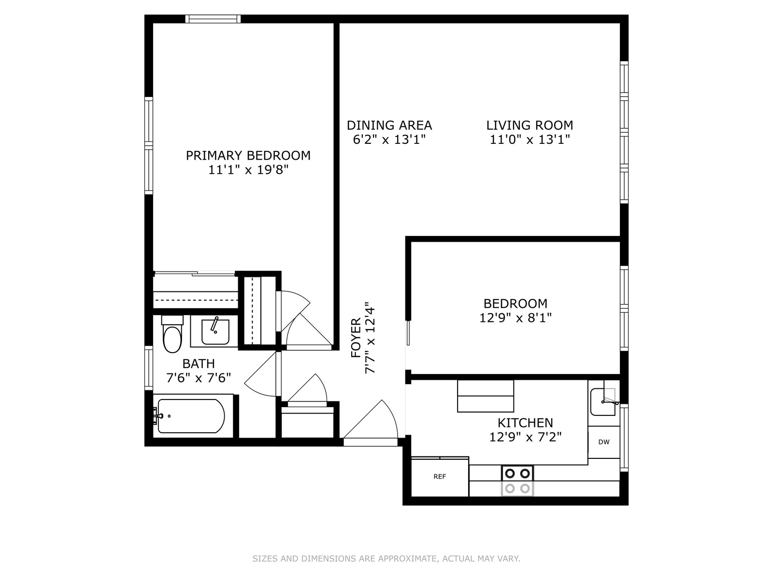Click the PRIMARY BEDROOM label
[x=248, y=155]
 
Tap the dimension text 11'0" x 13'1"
[x=530, y=140]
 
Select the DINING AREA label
[x=389, y=125]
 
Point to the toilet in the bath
[x=172, y=334]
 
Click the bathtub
[x=191, y=416]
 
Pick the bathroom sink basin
[x=215, y=331]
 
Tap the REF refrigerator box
[x=440, y=477]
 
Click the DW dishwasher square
[x=604, y=442]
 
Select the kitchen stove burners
[x=517, y=481]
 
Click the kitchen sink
[x=603, y=402]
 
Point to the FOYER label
[x=356, y=337]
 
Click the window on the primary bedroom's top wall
[x=213, y=19]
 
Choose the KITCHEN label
[x=525, y=423]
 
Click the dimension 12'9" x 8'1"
[x=515, y=318]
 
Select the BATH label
[x=199, y=363]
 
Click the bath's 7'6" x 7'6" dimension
[x=199, y=378]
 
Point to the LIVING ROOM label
[x=530, y=125]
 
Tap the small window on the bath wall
[x=149, y=368]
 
